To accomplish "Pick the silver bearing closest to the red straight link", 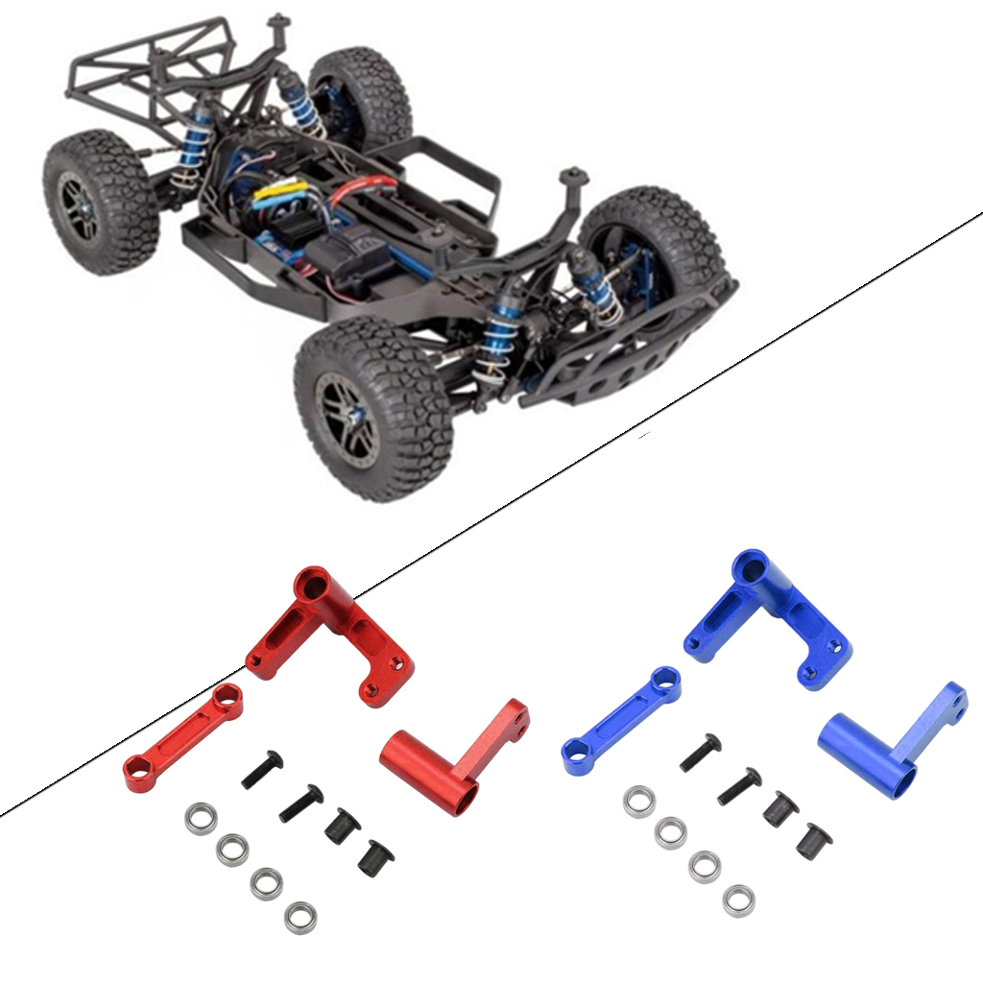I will point(201,819).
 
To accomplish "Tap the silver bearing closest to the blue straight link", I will point(638,801).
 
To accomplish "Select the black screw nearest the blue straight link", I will point(700,753).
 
